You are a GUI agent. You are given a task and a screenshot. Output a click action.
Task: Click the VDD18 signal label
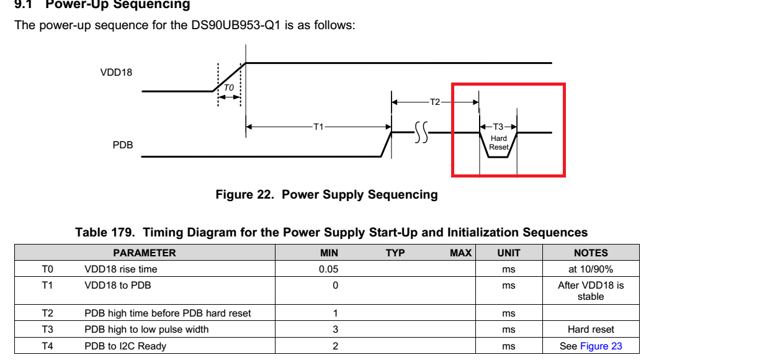[116, 73]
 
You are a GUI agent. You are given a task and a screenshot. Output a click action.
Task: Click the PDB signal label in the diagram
[123, 145]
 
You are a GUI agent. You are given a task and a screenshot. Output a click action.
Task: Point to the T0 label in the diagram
[229, 88]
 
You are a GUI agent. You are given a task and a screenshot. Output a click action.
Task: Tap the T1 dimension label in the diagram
[318, 127]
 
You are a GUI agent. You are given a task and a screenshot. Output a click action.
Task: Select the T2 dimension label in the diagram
[435, 102]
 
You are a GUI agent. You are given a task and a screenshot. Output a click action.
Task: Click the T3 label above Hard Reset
[498, 127]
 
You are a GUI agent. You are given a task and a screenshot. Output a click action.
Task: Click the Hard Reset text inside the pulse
[499, 143]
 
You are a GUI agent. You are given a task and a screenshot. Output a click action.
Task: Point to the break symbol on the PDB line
[421, 132]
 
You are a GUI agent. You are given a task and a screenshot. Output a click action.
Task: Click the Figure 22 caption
[326, 194]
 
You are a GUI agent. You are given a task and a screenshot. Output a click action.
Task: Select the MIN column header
[329, 253]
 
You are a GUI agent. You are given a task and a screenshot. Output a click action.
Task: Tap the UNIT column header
[509, 253]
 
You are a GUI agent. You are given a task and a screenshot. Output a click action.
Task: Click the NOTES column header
[591, 253]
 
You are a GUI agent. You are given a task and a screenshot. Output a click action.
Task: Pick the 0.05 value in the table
[328, 269]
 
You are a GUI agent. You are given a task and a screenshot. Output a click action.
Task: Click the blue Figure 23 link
[601, 346]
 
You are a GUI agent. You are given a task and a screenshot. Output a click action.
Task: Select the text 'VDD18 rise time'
[121, 269]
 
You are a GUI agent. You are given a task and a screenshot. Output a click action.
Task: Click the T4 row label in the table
[47, 346]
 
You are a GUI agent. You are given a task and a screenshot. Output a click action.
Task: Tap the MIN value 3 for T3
[335, 330]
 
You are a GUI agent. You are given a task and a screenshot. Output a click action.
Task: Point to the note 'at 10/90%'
[591, 269]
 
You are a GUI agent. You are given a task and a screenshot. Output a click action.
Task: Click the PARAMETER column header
[145, 253]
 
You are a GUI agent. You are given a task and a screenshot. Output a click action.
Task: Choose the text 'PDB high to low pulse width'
[146, 330]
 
